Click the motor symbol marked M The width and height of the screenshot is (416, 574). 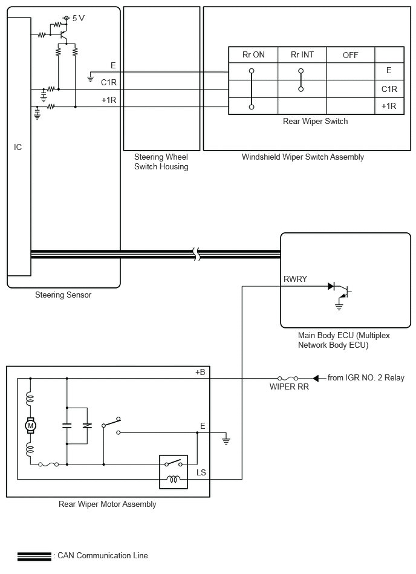click(30, 425)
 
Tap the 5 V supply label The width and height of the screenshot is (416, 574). click(78, 18)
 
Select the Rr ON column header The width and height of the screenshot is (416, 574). click(253, 54)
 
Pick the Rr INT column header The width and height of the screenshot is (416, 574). click(302, 54)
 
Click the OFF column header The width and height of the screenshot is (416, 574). click(350, 55)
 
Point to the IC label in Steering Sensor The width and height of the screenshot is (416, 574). click(18, 147)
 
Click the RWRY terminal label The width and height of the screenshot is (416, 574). click(295, 279)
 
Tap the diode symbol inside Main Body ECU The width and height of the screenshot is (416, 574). click(331, 286)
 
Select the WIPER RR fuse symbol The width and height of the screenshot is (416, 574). click(288, 378)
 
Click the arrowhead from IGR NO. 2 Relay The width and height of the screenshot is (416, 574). click(316, 378)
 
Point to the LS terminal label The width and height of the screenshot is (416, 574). click(201, 472)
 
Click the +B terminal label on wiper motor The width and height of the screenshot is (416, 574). click(200, 373)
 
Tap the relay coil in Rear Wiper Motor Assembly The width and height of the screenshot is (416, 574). click(174, 478)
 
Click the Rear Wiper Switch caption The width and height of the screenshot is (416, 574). click(316, 121)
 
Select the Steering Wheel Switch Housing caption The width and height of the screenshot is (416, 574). click(161, 162)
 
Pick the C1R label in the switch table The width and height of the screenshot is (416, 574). click(389, 89)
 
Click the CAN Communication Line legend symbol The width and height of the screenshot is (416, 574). click(34, 556)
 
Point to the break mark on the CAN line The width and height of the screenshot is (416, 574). click(197, 253)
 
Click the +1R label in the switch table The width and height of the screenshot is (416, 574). click(389, 106)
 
